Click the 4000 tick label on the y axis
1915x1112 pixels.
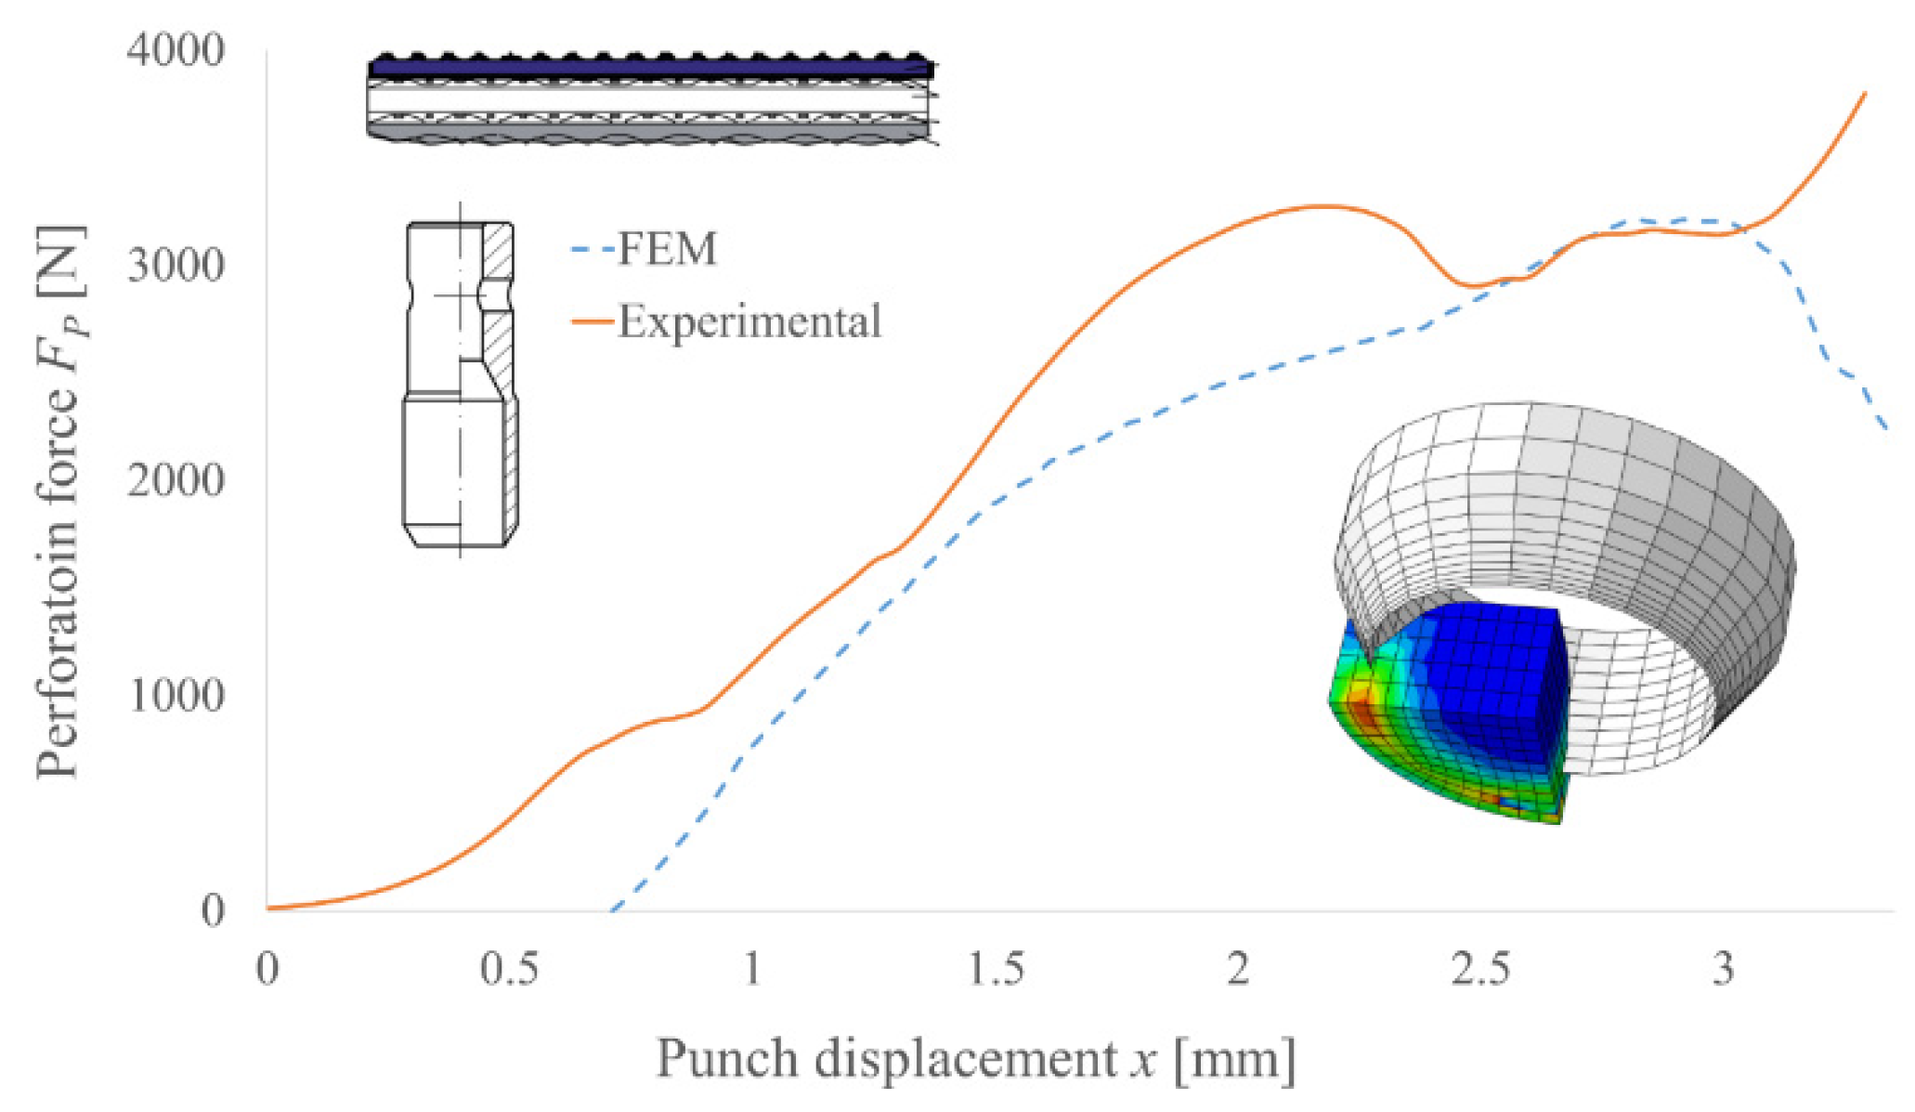[176, 50]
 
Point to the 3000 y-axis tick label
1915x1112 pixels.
[176, 266]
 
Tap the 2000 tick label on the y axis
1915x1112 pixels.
[176, 480]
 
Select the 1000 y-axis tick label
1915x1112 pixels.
[176, 695]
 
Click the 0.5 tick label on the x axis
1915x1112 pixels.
[509, 970]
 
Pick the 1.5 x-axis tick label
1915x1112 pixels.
[996, 970]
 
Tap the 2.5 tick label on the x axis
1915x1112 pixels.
[1481, 970]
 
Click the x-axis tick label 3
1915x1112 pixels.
[1724, 970]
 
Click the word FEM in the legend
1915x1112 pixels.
[668, 249]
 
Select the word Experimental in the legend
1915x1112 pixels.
[749, 321]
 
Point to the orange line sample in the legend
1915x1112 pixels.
[592, 322]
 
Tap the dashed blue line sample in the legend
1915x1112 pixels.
[592, 250]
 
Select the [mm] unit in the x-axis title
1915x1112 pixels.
[1234, 1059]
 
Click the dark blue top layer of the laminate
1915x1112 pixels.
[650, 69]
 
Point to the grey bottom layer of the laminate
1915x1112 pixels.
[650, 131]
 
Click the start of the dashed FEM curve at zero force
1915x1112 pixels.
[613, 909]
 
